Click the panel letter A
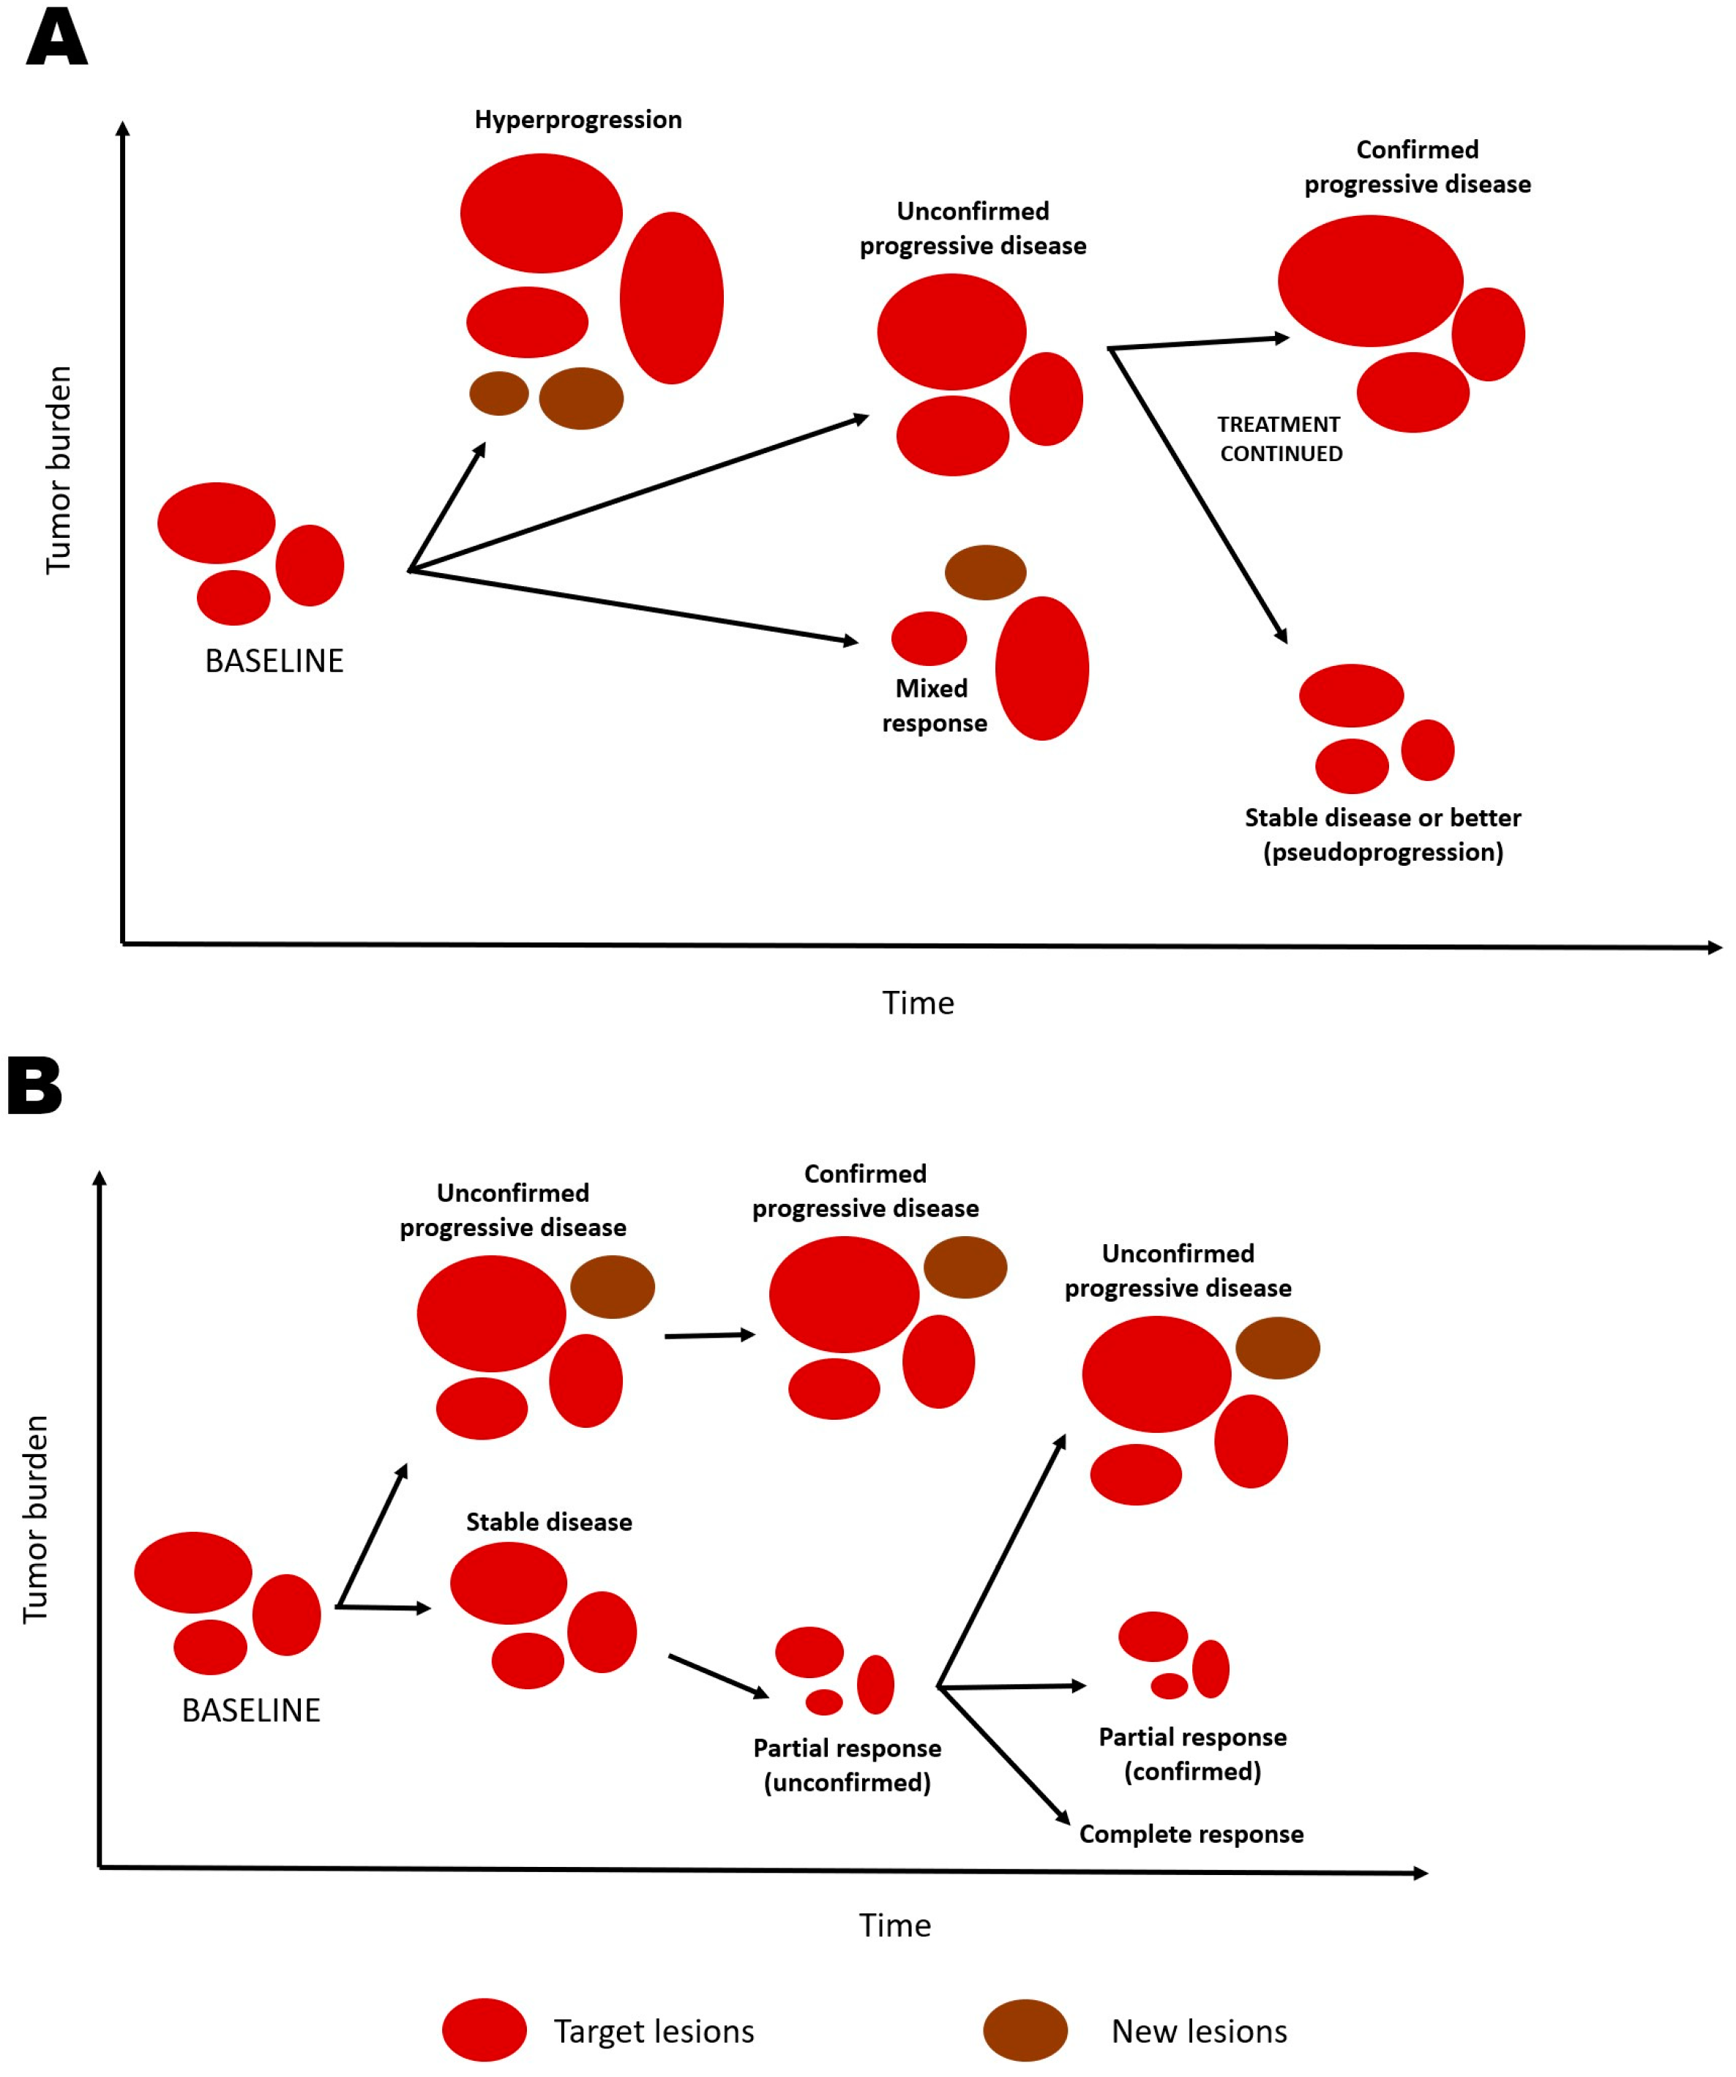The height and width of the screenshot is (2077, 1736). click(56, 40)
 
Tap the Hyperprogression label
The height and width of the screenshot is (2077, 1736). click(577, 120)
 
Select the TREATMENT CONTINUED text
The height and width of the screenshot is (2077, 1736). click(1280, 439)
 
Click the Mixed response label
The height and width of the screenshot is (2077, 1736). click(934, 706)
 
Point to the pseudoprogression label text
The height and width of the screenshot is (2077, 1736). click(1383, 852)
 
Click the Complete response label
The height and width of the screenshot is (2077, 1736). click(1191, 1834)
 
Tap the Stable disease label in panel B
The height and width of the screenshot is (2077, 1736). click(549, 1521)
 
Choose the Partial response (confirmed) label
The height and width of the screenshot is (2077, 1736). click(1192, 1754)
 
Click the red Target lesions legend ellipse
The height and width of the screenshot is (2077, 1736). click(484, 2029)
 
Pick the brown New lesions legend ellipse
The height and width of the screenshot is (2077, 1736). click(1025, 2029)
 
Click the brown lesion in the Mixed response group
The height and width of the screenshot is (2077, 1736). click(985, 572)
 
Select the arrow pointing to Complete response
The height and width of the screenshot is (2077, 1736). click(1004, 1756)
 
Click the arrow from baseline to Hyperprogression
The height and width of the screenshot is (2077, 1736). click(447, 506)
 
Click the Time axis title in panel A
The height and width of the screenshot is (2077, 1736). click(918, 1003)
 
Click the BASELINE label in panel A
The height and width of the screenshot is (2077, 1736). click(274, 661)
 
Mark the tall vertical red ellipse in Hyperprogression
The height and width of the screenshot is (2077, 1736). click(672, 298)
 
